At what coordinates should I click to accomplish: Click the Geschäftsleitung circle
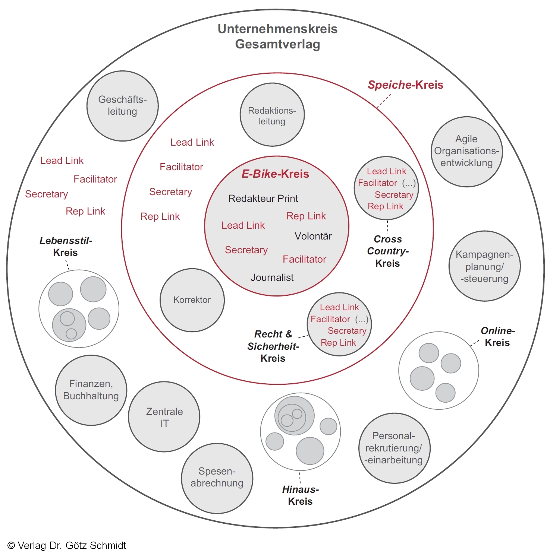[x=122, y=106]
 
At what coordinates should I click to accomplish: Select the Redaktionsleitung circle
[x=272, y=115]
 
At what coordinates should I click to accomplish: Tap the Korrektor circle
[x=192, y=300]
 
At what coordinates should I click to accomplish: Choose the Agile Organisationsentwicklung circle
[x=466, y=151]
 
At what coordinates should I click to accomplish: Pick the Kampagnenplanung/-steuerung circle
[x=484, y=266]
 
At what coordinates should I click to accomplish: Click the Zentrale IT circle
[x=164, y=417]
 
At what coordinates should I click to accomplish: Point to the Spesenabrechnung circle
[x=217, y=478]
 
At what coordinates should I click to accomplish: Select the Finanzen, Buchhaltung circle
[x=91, y=390]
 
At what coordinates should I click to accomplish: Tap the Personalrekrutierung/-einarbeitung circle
[x=394, y=448]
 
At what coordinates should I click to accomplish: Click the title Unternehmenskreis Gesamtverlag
[x=277, y=37]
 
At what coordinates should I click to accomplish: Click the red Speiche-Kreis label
[x=405, y=85]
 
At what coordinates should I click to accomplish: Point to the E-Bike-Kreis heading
[x=275, y=174]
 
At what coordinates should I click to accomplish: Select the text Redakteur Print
[x=263, y=199]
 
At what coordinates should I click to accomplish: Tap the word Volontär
[x=313, y=236]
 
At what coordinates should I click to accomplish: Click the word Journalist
[x=272, y=277]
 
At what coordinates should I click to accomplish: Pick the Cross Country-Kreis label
[x=387, y=251]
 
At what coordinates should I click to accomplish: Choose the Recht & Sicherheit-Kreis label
[x=273, y=346]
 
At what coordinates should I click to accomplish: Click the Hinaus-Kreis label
[x=300, y=495]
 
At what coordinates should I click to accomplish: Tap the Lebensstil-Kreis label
[x=66, y=247]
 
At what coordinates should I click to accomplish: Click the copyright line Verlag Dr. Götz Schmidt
[x=67, y=546]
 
